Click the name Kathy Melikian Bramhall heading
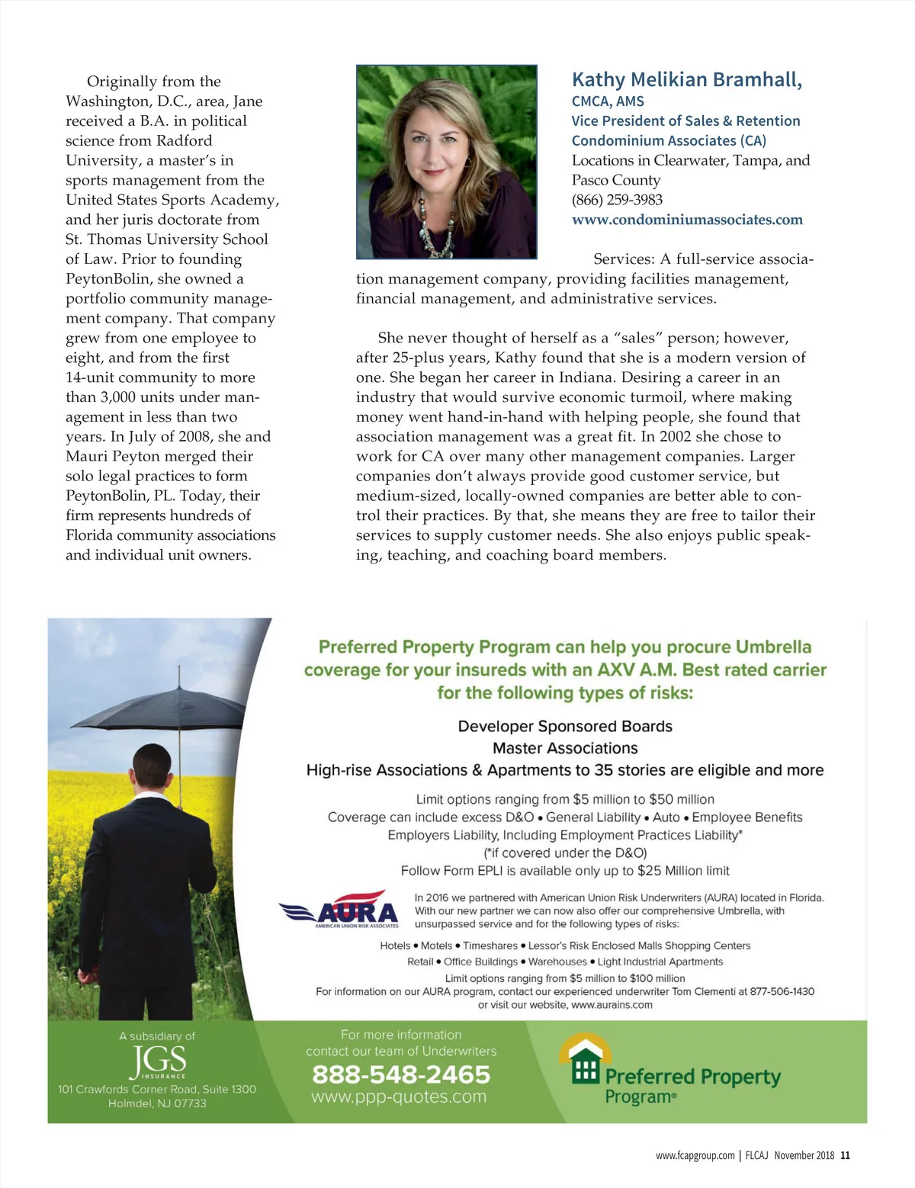pyautogui.click(x=686, y=79)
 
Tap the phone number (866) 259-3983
pyautogui.click(x=617, y=200)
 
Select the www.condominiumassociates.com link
pyautogui.click(x=687, y=220)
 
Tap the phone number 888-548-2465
pyautogui.click(x=401, y=1074)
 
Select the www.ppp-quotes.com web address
pyautogui.click(x=399, y=1096)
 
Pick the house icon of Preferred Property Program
pyautogui.click(x=585, y=1060)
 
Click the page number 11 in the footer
pyautogui.click(x=845, y=1155)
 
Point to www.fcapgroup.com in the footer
pyautogui.click(x=695, y=1155)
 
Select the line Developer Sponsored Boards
pyautogui.click(x=565, y=726)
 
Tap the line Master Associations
pyautogui.click(x=565, y=748)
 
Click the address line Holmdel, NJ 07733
pyautogui.click(x=157, y=1103)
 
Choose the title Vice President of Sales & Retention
pyautogui.click(x=685, y=120)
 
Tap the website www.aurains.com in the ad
pyautogui.click(x=612, y=1005)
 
